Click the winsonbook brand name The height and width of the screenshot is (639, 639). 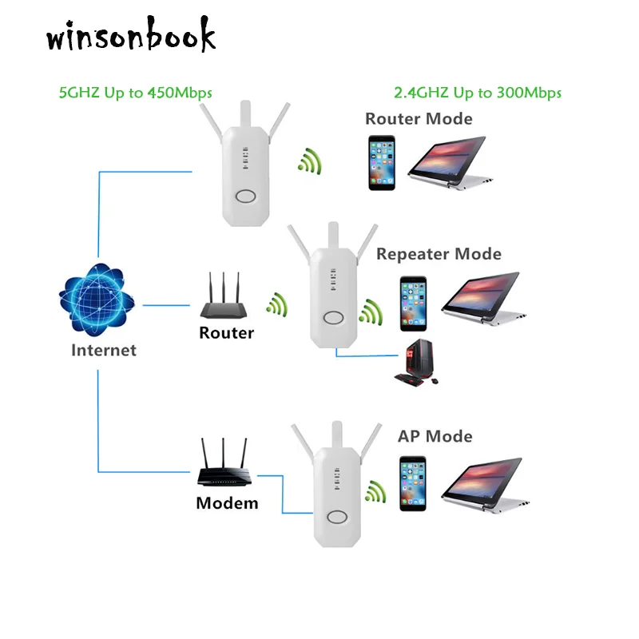click(131, 37)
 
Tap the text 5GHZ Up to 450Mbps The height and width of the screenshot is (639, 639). click(136, 93)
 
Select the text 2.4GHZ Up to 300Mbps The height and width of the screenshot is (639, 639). click(478, 93)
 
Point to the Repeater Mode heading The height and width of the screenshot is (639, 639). click(439, 254)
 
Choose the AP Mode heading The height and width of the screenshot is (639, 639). click(435, 436)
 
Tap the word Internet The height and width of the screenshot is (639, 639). click(104, 350)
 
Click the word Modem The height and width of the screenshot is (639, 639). click(227, 503)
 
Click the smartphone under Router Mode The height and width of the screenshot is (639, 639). click(382, 162)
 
